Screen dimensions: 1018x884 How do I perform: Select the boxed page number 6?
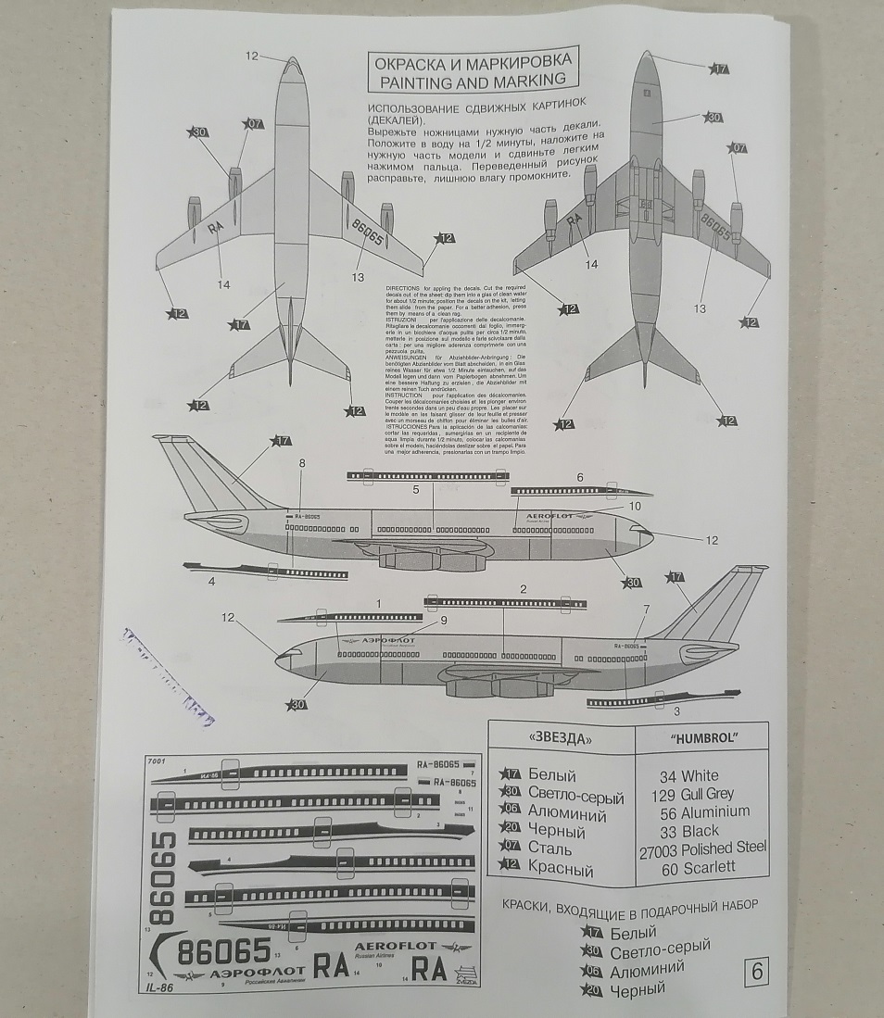coord(756,973)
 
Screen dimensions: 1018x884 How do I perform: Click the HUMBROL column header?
coord(701,738)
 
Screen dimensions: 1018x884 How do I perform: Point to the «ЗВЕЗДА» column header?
coord(559,738)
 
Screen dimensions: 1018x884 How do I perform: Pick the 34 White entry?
coord(688,775)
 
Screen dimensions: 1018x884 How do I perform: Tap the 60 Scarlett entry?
coord(698,868)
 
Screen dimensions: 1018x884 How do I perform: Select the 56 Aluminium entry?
coord(703,811)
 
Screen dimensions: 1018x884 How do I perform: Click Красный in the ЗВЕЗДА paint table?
coord(560,870)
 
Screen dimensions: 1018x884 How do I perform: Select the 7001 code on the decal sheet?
coord(156,761)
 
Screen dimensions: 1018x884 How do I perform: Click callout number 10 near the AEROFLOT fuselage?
coord(635,507)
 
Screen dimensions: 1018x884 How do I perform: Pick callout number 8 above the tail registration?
coord(301,462)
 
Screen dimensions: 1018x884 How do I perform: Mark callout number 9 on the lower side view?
coord(443,621)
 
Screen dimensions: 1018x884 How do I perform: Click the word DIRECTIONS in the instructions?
coord(403,288)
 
